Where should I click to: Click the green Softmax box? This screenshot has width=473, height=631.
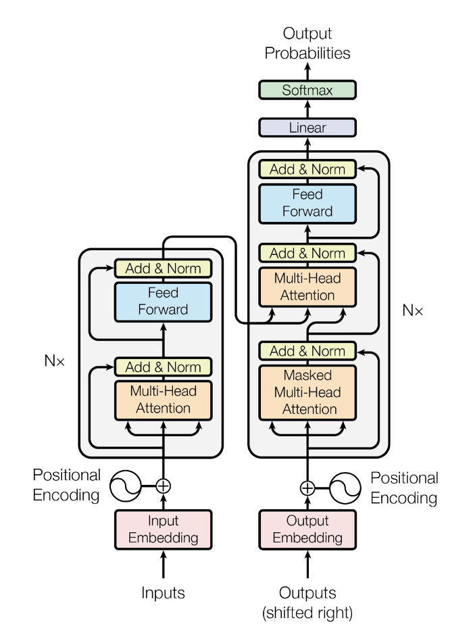click(307, 90)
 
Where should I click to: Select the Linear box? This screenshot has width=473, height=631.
click(307, 127)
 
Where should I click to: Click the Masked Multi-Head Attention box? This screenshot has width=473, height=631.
click(307, 393)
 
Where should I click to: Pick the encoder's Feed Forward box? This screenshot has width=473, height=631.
click(163, 302)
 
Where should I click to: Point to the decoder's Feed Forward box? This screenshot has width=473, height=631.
click(307, 203)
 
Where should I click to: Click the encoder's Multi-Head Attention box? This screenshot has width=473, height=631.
click(163, 400)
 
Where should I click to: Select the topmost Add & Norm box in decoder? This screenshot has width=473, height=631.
click(307, 169)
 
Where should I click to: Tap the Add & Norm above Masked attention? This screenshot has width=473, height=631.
click(307, 351)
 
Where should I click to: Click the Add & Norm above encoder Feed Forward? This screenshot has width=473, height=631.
click(163, 268)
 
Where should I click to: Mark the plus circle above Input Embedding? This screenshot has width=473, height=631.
click(163, 485)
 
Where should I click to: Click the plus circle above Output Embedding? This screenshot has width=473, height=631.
click(307, 488)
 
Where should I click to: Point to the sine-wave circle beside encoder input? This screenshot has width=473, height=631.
click(125, 485)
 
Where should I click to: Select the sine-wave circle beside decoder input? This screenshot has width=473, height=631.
click(346, 488)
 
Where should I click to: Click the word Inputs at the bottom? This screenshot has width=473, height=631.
click(163, 593)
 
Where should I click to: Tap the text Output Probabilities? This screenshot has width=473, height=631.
click(307, 43)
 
